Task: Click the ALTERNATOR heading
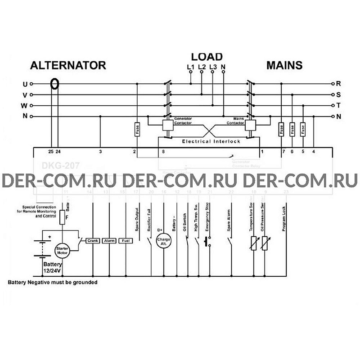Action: coord(67,65)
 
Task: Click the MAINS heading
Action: coord(284,65)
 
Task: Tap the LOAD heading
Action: coord(207,57)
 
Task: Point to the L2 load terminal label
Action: coord(202,67)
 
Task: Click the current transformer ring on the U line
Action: coord(55,84)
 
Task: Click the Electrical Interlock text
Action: coord(211,141)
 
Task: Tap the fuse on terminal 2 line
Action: coord(137,130)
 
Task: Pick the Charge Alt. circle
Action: coord(162,241)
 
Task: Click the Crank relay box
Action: coord(92,241)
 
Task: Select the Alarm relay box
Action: coord(108,241)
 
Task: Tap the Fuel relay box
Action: coord(125,241)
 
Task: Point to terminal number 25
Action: coord(50,152)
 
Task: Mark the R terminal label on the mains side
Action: coord(338,84)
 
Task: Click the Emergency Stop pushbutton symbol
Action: coord(208,243)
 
